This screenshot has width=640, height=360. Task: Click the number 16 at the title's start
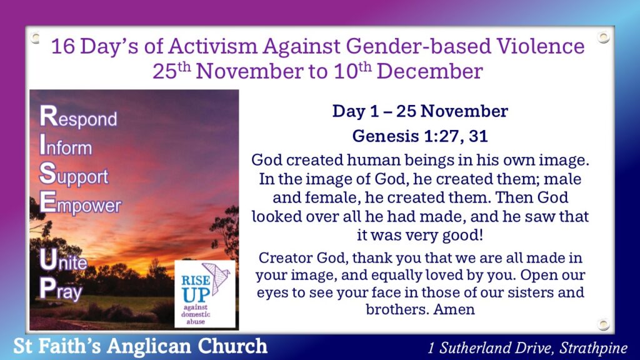click(x=63, y=46)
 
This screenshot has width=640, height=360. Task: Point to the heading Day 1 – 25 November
click(x=420, y=111)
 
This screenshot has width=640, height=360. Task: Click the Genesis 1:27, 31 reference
click(x=420, y=136)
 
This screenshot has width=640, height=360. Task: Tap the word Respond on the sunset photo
click(x=78, y=116)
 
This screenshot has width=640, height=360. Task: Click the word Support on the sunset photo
click(x=74, y=174)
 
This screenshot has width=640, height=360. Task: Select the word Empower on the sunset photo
click(x=81, y=203)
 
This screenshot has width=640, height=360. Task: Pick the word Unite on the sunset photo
click(x=63, y=260)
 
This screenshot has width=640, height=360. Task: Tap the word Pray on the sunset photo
click(x=61, y=289)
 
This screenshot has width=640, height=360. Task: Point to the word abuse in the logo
click(x=196, y=322)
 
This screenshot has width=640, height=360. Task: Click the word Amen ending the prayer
click(x=454, y=309)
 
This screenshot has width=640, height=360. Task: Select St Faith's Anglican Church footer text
click(x=141, y=346)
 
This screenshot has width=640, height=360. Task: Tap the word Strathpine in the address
click(x=593, y=347)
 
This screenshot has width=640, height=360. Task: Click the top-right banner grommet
click(x=603, y=37)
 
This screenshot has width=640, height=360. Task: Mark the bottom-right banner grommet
click(x=603, y=324)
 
